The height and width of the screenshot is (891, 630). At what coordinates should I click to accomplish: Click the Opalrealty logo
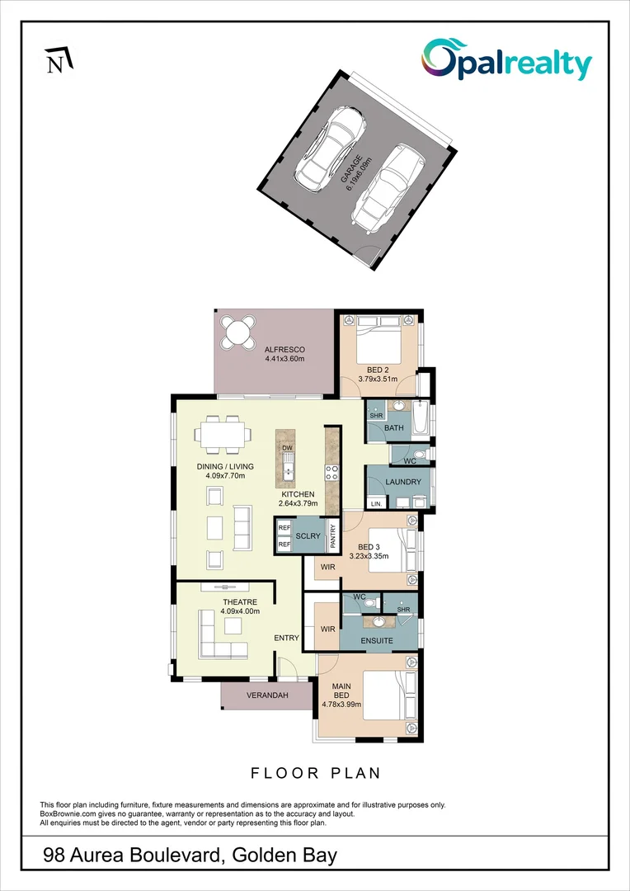point(506,60)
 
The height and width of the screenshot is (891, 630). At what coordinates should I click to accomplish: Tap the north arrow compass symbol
point(59,60)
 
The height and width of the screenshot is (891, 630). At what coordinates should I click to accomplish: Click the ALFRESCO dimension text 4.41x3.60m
point(285,360)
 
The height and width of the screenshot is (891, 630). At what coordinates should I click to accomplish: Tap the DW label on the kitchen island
point(287,448)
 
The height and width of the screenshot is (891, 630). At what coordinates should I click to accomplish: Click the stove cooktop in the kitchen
point(333,473)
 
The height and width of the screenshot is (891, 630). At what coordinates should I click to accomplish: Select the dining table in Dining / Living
point(223,432)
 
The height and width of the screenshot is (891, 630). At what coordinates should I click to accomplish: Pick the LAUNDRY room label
point(402,482)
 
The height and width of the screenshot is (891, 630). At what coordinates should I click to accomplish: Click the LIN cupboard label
point(376,503)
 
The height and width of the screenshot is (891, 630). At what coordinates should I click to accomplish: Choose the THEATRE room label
point(239,602)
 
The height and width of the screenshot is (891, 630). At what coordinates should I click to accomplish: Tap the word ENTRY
point(286,638)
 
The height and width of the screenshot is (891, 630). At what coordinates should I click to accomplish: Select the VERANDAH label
point(267,695)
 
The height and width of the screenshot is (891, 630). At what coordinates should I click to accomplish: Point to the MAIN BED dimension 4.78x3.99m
point(341,706)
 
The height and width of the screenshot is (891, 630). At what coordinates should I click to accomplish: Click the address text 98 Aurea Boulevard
point(133,856)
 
